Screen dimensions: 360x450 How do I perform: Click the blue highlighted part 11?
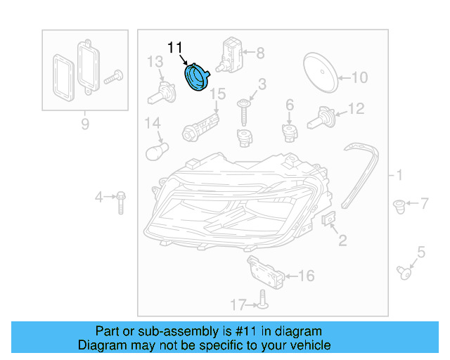click(x=196, y=77)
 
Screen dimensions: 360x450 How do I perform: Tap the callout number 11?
click(x=175, y=48)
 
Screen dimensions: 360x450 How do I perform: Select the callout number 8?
click(x=260, y=52)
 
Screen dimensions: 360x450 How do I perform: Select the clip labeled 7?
click(x=399, y=206)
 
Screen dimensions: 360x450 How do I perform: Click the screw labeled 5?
click(x=405, y=271)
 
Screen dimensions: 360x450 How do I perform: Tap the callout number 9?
click(x=85, y=124)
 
